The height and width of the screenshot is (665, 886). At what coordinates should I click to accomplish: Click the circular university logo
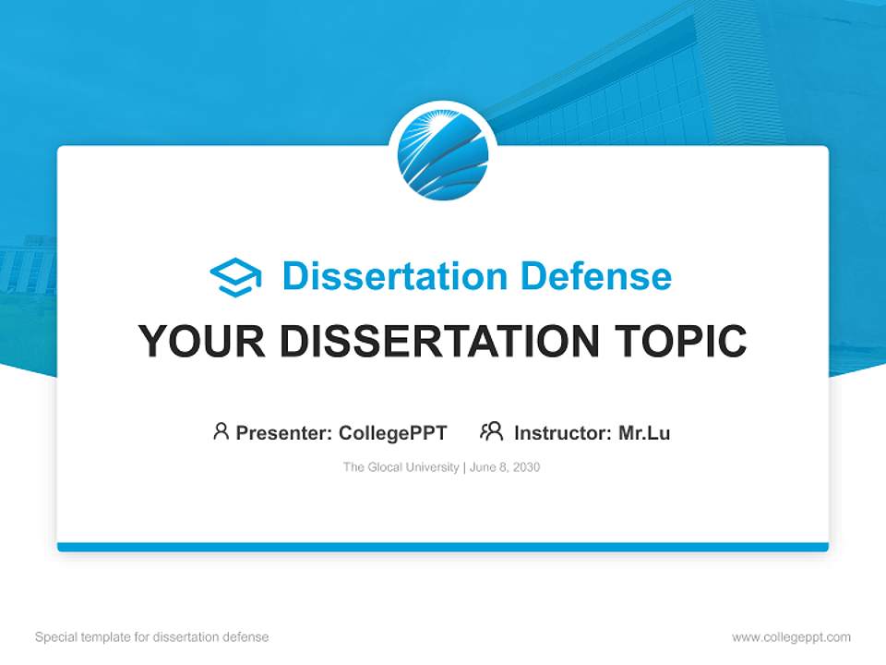coord(443,155)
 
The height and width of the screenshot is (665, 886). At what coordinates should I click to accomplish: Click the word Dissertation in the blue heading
coord(394,276)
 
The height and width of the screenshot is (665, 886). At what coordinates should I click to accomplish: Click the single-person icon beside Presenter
coord(221,431)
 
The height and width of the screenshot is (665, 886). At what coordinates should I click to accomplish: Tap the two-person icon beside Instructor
coord(491,431)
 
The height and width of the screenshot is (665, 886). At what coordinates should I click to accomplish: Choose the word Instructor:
coord(563,432)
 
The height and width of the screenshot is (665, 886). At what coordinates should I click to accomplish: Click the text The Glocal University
coord(401,467)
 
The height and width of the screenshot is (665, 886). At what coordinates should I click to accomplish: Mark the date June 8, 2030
coord(505,467)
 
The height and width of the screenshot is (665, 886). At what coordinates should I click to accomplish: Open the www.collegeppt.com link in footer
coord(791,637)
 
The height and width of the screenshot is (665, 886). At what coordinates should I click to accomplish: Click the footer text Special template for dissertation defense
coord(152,637)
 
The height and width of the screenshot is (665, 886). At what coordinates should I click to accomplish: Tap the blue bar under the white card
coord(443,547)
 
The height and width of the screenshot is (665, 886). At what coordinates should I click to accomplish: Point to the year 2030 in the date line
coord(526,467)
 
